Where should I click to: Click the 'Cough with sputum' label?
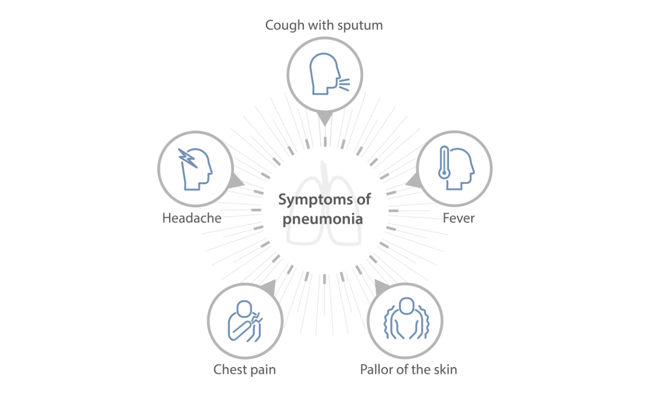pyautogui.click(x=324, y=25)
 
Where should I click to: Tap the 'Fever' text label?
pyautogui.click(x=458, y=218)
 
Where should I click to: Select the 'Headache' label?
pyautogui.click(x=192, y=218)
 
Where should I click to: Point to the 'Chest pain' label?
pyautogui.click(x=245, y=369)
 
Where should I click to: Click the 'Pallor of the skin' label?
pyautogui.click(x=408, y=369)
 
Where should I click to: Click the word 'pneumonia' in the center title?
pyautogui.click(x=324, y=220)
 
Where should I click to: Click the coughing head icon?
pyautogui.click(x=324, y=75)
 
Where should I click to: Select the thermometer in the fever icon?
pyautogui.click(x=445, y=161)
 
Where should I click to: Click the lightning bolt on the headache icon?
pyautogui.click(x=187, y=158)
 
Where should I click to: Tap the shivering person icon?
pyautogui.click(x=405, y=319)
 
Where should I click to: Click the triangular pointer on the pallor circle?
pyautogui.click(x=381, y=288)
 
